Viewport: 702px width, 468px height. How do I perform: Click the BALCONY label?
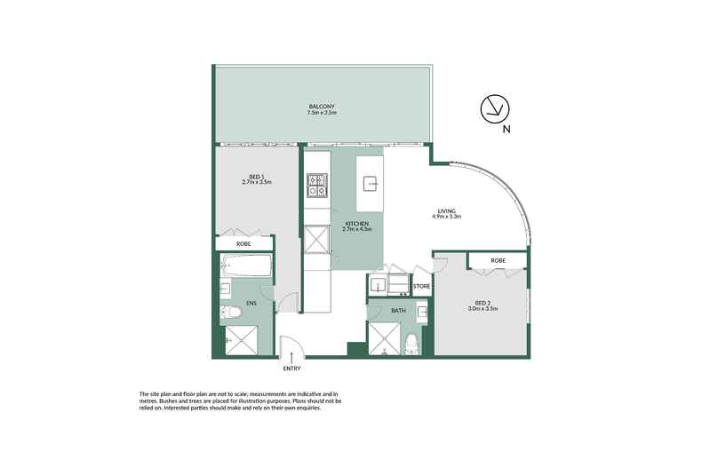pos(322,106)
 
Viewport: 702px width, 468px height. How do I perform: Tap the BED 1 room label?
pos(255,178)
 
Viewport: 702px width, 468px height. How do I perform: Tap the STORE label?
pos(422,286)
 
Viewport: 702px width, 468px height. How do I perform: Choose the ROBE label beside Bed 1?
pos(243,243)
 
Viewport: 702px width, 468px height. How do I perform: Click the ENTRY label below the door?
pos(291,368)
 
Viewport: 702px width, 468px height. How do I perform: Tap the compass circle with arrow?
pos(494,109)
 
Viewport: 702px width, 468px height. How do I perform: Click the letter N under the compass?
pos(506,130)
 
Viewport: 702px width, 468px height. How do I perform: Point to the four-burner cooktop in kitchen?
pos(316,186)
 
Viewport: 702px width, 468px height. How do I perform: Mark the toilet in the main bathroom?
pos(411,345)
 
